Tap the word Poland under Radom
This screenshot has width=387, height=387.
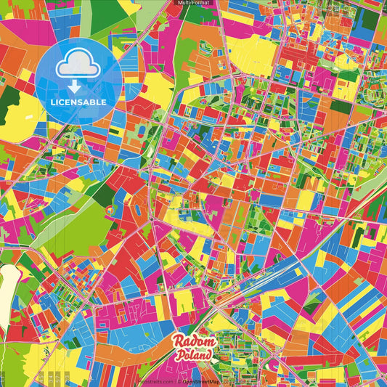click(x=194, y=356)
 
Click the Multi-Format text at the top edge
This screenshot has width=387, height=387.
click(x=193, y=3)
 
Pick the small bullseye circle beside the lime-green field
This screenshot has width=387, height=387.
click(x=110, y=210)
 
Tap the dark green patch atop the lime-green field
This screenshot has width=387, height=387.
click(x=104, y=192)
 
